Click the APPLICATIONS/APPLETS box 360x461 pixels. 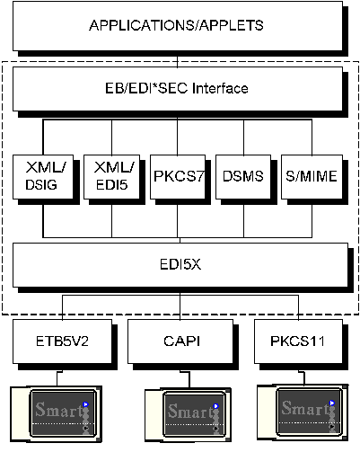tap(178, 26)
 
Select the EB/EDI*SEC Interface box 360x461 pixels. tap(178, 89)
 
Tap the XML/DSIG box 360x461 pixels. tap(43, 177)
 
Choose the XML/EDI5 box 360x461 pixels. tap(111, 177)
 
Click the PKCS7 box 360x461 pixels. tap(178, 177)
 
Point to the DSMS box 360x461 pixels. tap(243, 177)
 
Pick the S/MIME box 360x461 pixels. tap(312, 177)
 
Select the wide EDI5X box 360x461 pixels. tap(180, 265)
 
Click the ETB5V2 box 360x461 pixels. tap(62, 341)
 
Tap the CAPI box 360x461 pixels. tap(180, 341)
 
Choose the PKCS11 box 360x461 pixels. tap(298, 341)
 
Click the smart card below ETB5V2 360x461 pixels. tap(57, 414)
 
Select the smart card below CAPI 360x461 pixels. tap(188, 415)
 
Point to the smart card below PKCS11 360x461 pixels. tap(303, 412)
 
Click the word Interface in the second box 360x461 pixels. tap(220, 88)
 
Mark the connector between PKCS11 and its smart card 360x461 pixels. tap(303, 378)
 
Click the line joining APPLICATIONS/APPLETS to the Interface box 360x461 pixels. tap(178, 62)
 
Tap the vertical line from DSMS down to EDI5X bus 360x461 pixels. tap(243, 221)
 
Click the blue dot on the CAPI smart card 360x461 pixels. tap(216, 406)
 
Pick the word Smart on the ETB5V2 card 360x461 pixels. tap(58, 410)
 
